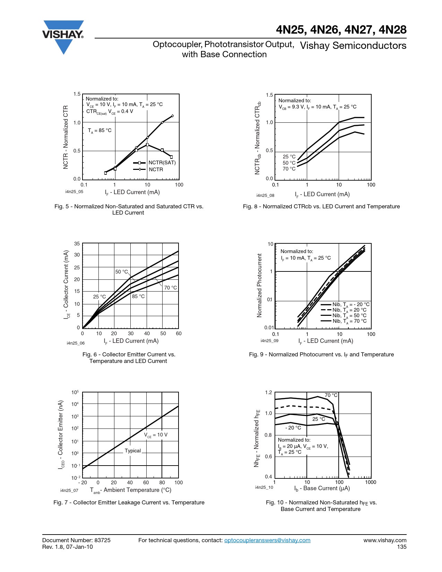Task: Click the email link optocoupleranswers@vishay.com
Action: pyautogui.click(x=267, y=540)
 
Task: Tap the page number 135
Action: pyautogui.click(x=401, y=547)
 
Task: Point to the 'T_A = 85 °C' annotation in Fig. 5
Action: pyautogui.click(x=99, y=131)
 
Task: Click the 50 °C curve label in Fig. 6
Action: pyautogui.click(x=121, y=272)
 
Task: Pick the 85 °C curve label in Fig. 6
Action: pyautogui.click(x=138, y=296)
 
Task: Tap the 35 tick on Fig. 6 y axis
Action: pyautogui.click(x=77, y=244)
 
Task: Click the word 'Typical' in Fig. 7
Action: pyautogui.click(x=133, y=451)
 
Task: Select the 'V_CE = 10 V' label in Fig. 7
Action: pyautogui.click(x=156, y=435)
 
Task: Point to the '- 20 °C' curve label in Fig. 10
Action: pyautogui.click(x=293, y=428)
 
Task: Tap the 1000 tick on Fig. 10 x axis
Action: pyautogui.click(x=370, y=482)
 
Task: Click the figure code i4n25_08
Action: pyautogui.click(x=265, y=196)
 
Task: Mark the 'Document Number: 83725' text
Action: pyautogui.click(x=76, y=540)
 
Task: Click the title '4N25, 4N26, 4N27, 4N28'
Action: pyautogui.click(x=341, y=30)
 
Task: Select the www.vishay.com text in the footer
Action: pyautogui.click(x=385, y=540)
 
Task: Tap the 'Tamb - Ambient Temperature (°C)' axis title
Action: pyautogui.click(x=131, y=490)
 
